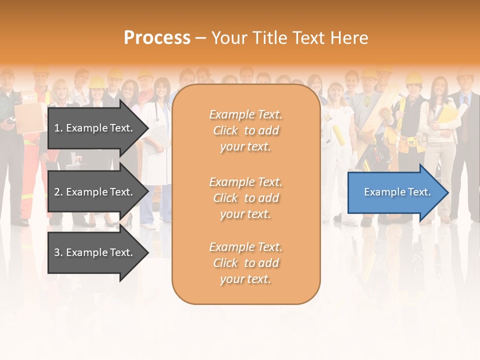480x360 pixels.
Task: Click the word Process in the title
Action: tap(157, 38)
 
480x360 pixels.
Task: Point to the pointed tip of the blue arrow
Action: tap(447, 192)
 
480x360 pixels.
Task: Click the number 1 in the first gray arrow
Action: tap(57, 128)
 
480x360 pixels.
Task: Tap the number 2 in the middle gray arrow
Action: tap(57, 192)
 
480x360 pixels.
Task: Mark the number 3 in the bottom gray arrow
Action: tap(57, 252)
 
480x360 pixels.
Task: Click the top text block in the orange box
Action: tap(245, 130)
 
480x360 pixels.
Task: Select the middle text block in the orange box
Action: tap(245, 198)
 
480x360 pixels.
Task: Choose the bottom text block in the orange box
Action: tap(245, 263)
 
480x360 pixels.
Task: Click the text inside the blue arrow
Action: tap(397, 192)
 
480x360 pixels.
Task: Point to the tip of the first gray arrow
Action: tap(147, 128)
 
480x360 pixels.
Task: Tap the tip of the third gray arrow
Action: tap(147, 252)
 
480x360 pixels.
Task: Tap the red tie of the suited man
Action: tap(465, 125)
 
